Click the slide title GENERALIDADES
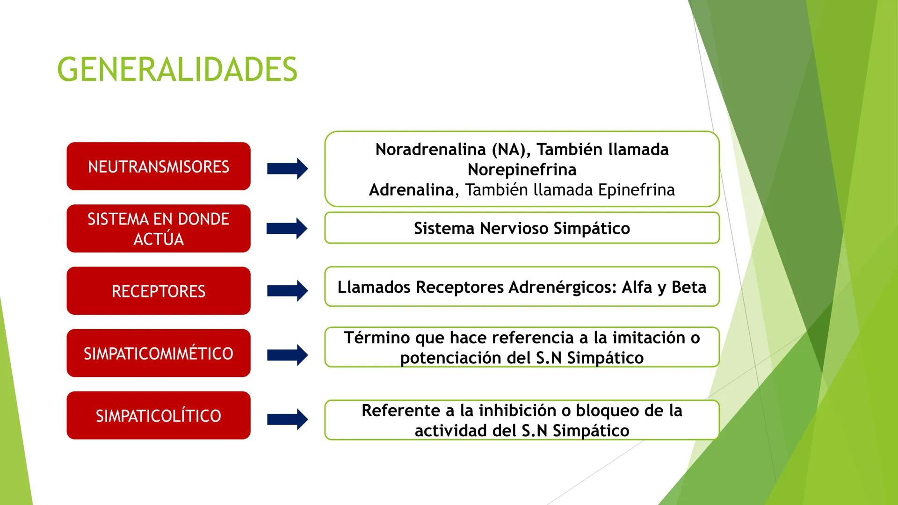pos(177,69)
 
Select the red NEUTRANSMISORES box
pos(159,166)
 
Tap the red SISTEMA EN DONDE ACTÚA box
pos(159,229)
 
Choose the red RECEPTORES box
pos(159,291)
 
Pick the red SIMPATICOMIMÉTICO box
pos(159,353)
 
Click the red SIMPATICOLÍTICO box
pos(159,415)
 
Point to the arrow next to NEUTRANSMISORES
pos(287,169)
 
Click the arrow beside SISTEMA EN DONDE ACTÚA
pos(287,229)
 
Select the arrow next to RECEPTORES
pos(287,291)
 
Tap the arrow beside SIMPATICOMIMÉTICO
pos(287,355)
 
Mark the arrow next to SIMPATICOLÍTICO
pos(287,419)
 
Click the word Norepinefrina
pos(522,170)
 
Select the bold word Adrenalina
pos(411,190)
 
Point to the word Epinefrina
pos(636,190)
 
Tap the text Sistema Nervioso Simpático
pos(522,228)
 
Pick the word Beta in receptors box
pos(688,287)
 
